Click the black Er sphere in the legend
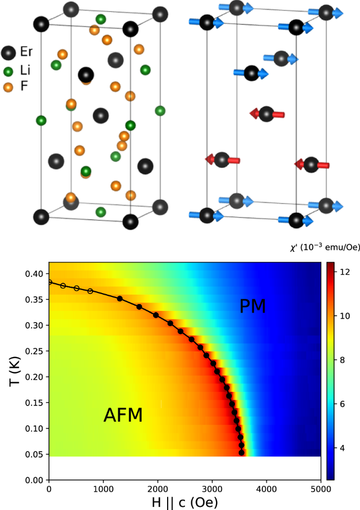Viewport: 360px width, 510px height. [8, 53]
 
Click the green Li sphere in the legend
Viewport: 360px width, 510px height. [8, 70]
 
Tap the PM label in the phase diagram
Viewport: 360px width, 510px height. [253, 306]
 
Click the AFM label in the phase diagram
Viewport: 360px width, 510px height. [123, 416]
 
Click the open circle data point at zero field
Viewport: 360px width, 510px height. [49, 282]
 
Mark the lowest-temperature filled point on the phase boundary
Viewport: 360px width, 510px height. [242, 452]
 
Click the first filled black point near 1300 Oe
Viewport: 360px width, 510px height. [120, 298]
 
